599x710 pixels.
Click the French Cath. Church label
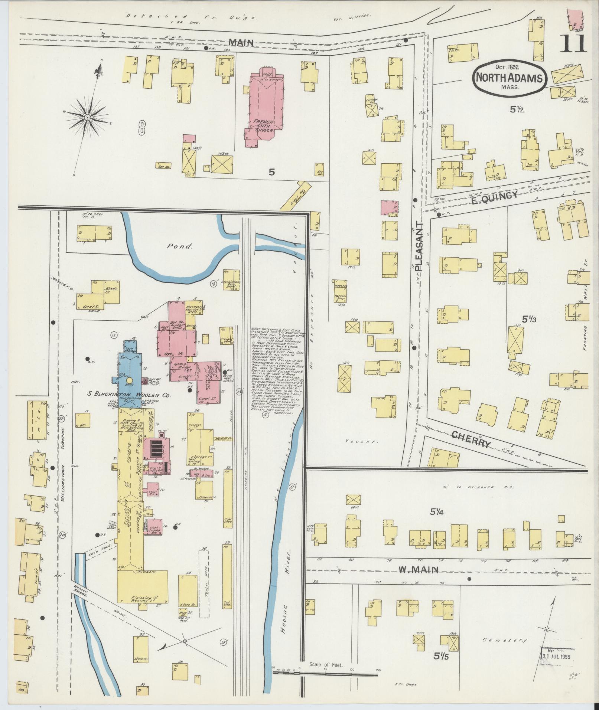(263, 126)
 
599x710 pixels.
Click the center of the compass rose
(87, 117)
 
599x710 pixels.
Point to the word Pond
(184, 246)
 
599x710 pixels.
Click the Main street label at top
(241, 43)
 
